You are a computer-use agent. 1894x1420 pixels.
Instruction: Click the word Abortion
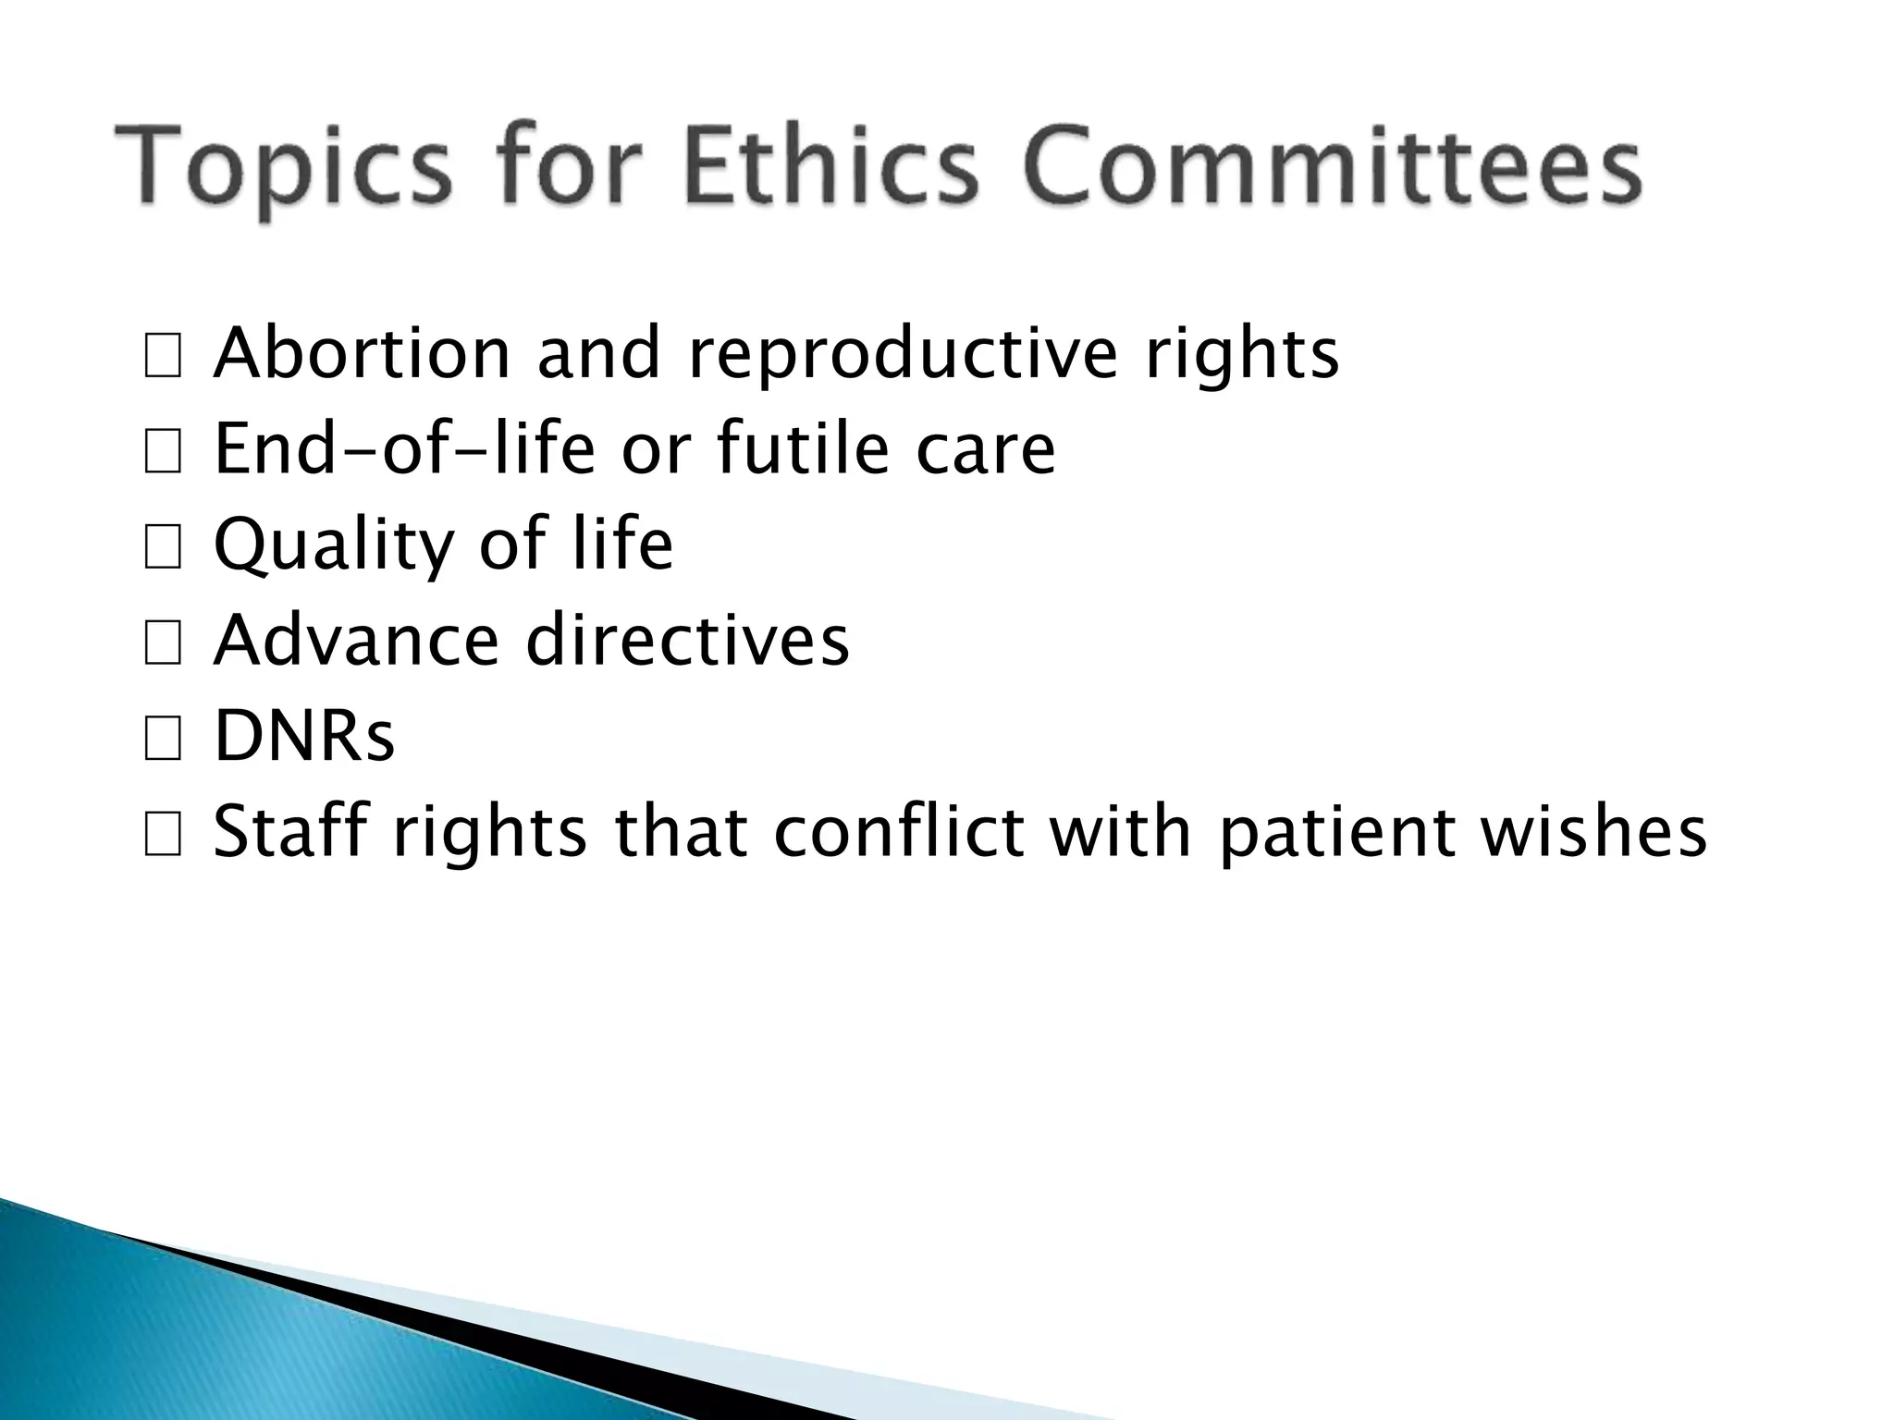point(362,354)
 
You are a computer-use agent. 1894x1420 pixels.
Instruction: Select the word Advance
point(356,640)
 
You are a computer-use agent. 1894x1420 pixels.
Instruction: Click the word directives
point(687,640)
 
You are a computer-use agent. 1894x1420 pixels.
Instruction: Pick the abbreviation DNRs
point(304,736)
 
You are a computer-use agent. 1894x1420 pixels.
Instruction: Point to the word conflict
point(898,831)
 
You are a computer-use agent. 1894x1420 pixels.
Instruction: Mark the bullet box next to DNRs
point(163,741)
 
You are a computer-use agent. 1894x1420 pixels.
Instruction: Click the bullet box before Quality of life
point(163,549)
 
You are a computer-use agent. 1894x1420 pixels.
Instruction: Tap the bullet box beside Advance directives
point(163,644)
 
